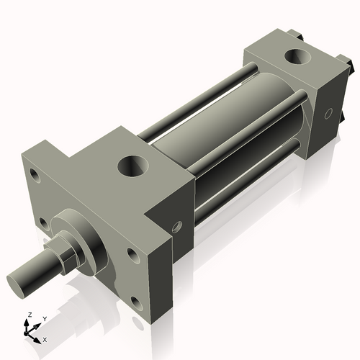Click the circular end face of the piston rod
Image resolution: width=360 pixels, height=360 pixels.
point(19,279)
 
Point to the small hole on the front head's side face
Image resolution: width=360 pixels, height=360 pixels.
point(177,227)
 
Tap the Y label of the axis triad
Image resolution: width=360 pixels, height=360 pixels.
point(44,318)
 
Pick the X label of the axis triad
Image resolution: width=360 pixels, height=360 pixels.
point(45,338)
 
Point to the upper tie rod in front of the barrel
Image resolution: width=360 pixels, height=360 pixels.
point(238,133)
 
